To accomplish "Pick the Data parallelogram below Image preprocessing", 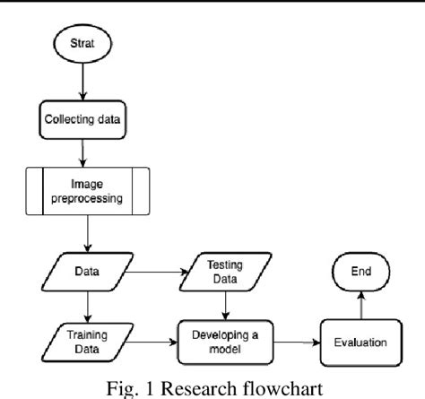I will (88, 269).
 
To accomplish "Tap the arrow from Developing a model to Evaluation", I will (291, 341).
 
